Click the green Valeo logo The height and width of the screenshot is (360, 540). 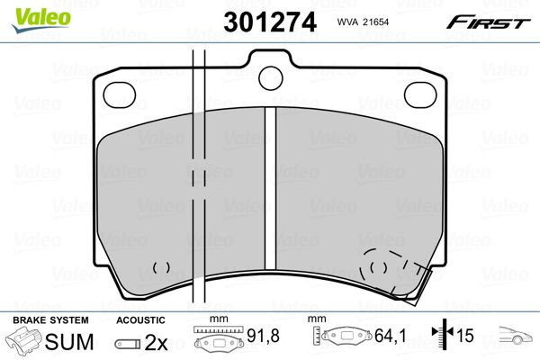point(41,20)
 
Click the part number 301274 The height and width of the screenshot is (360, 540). point(270,22)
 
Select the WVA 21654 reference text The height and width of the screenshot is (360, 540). point(363,22)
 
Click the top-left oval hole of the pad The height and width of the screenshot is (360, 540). point(120,95)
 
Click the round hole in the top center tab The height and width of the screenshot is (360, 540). point(271,78)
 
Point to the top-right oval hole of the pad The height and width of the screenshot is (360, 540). point(420,95)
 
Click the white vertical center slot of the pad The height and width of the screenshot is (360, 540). point(270,188)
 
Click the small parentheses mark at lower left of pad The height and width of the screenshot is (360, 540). point(161,267)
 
